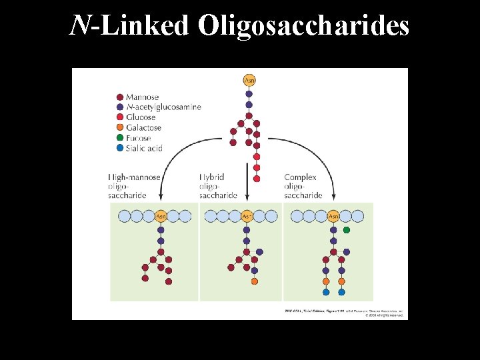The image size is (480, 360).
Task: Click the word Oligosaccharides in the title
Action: click(303, 26)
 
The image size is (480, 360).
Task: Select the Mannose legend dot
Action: click(119, 97)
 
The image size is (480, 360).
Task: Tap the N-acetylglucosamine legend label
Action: click(163, 107)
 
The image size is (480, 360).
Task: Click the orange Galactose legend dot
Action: click(119, 127)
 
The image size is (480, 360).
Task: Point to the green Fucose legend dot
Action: click(119, 138)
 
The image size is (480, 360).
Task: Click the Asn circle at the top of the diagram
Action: click(249, 81)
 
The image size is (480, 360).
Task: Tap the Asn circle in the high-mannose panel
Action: click(161, 216)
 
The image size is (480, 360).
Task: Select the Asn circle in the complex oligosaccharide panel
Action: click(333, 216)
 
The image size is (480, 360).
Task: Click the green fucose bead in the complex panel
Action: click(347, 230)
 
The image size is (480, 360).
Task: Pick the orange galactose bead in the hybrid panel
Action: click(255, 281)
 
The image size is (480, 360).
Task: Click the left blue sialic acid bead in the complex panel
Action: click(326, 292)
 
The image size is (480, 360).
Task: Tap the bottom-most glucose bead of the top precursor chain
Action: click(257, 179)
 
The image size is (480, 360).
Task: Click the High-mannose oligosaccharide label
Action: click(133, 186)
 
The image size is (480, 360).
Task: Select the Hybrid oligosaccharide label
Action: click(218, 186)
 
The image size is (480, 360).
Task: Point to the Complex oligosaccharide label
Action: click(303, 186)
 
